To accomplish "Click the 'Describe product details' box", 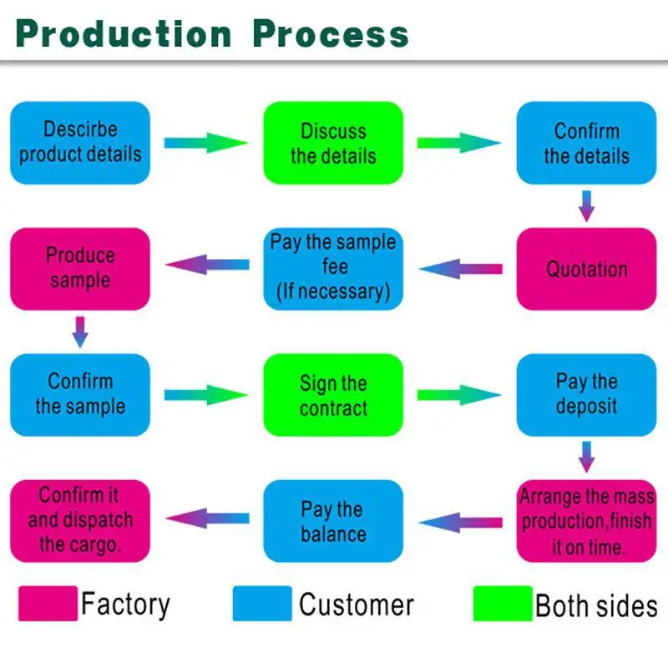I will (80, 143).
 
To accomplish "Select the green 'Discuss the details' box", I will (333, 143).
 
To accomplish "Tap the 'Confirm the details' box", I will (586, 143).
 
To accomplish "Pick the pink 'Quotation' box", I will (586, 269).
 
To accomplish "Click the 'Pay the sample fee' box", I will (333, 268).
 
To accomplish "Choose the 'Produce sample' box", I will (80, 268).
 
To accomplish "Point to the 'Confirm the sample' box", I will (80, 394).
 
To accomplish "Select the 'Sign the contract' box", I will (333, 395).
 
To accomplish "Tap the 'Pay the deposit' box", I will (586, 394).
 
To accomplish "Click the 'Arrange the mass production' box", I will (586, 521).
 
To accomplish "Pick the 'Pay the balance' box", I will (333, 521).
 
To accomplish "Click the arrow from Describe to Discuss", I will (206, 143).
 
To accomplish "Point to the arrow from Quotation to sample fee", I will (460, 269).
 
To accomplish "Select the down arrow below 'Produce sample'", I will (80, 331).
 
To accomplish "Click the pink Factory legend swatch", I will (47, 604).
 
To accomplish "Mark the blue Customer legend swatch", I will (262, 604).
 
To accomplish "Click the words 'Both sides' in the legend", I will (595, 605).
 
